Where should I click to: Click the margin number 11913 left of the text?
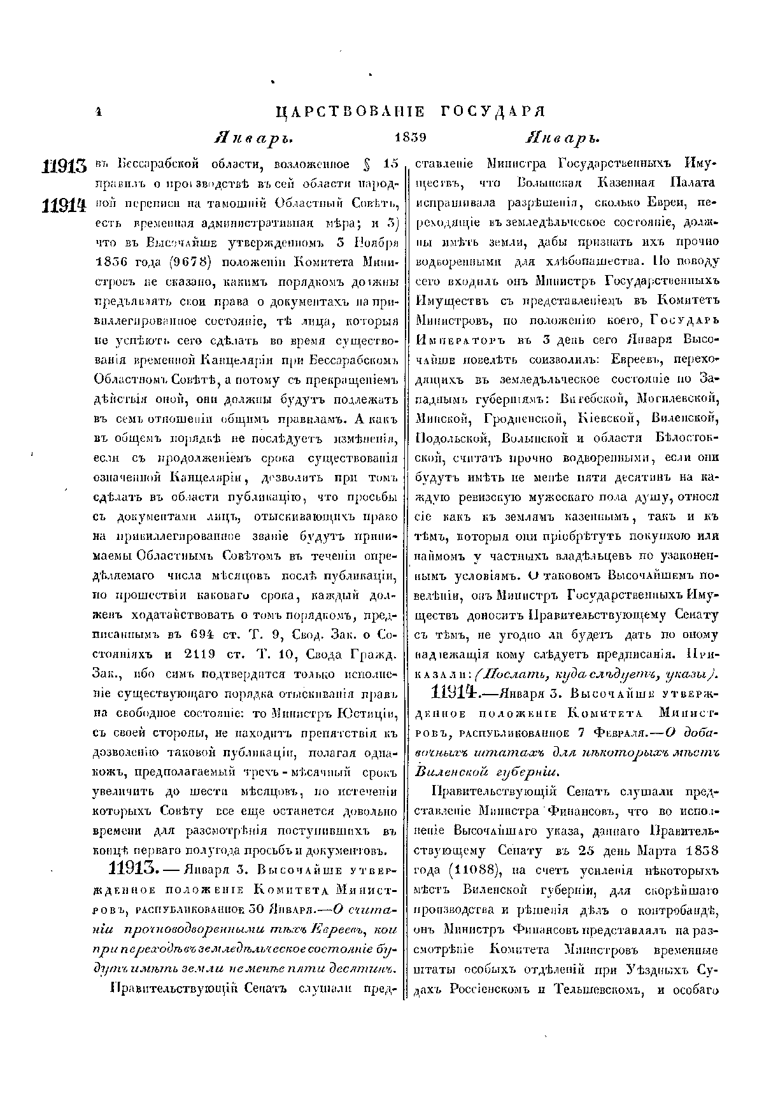click(x=64, y=167)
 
